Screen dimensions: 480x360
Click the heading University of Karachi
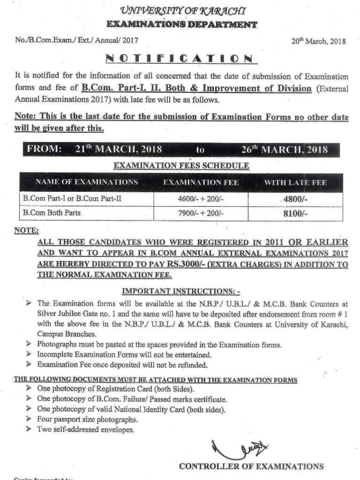182,10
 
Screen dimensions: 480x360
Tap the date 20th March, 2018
319,41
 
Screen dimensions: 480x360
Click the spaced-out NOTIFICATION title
180,59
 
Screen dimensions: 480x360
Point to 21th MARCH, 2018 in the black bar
119,150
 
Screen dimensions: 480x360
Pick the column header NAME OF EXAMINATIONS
87,182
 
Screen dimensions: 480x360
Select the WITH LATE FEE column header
295,182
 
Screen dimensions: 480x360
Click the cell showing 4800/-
295,199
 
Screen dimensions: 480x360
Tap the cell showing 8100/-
295,213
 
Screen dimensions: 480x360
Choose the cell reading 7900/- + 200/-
201,213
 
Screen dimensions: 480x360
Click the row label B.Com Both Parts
52,213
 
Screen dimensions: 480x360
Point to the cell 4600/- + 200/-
201,199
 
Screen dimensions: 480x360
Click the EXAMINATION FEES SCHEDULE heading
181,165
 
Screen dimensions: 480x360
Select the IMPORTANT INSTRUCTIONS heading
181,291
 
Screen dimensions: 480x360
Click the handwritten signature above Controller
239,449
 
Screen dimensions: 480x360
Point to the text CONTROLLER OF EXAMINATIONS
251,466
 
